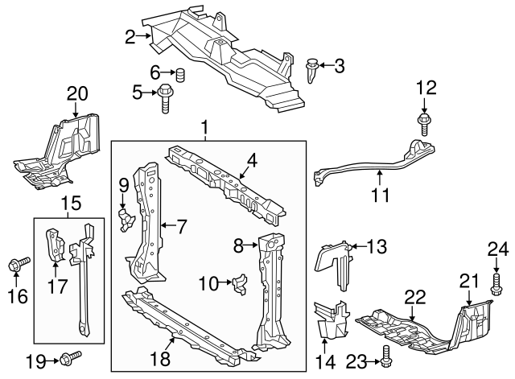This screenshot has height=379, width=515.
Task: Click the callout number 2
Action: (130, 35)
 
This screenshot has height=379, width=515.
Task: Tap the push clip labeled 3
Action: (314, 70)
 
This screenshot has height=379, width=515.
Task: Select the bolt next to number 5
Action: (166, 96)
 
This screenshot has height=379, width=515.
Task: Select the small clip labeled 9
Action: (124, 220)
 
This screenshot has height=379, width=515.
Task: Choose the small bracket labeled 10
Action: (239, 283)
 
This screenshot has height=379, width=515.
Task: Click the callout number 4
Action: (252, 161)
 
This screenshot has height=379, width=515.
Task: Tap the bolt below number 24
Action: (496, 282)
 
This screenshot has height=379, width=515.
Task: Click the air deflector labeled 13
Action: (334, 262)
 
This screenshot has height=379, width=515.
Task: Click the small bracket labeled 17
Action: (53, 244)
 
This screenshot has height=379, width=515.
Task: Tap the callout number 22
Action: (414, 297)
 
